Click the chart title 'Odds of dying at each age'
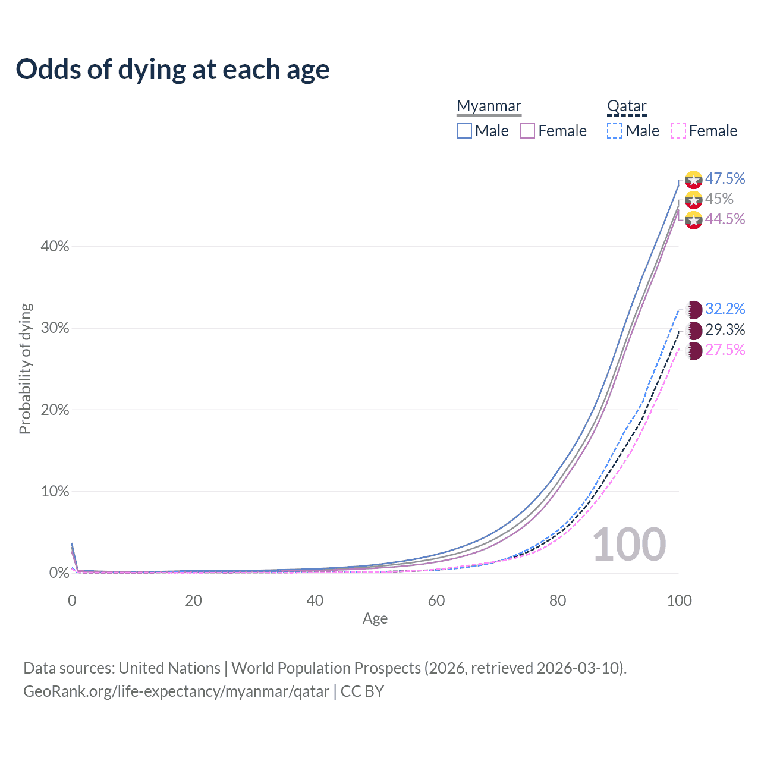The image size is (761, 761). coord(172,70)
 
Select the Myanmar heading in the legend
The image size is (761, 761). coord(489,106)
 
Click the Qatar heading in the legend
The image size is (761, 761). coord(627,106)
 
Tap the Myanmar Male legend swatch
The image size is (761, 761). coord(464,131)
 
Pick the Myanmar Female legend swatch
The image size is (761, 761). coord(527,131)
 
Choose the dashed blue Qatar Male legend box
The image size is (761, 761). coord(615,131)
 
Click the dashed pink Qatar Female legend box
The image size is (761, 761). coord(678,131)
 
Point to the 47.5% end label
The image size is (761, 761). coord(725,178)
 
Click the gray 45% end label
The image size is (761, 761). coord(719,199)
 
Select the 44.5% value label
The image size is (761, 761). coord(725,219)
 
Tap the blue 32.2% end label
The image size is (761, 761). coord(725,309)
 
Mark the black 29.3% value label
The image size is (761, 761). coord(725,329)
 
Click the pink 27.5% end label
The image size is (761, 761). coord(725,350)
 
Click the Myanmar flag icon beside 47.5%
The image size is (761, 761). coord(694,180)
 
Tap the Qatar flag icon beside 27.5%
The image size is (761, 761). coord(694,351)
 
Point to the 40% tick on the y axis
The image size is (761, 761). coord(55,246)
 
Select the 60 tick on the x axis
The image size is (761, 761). coord(436,600)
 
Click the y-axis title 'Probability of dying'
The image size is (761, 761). coord(25,369)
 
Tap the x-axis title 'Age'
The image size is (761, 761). coord(375,618)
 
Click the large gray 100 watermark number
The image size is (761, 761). coord(629,545)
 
